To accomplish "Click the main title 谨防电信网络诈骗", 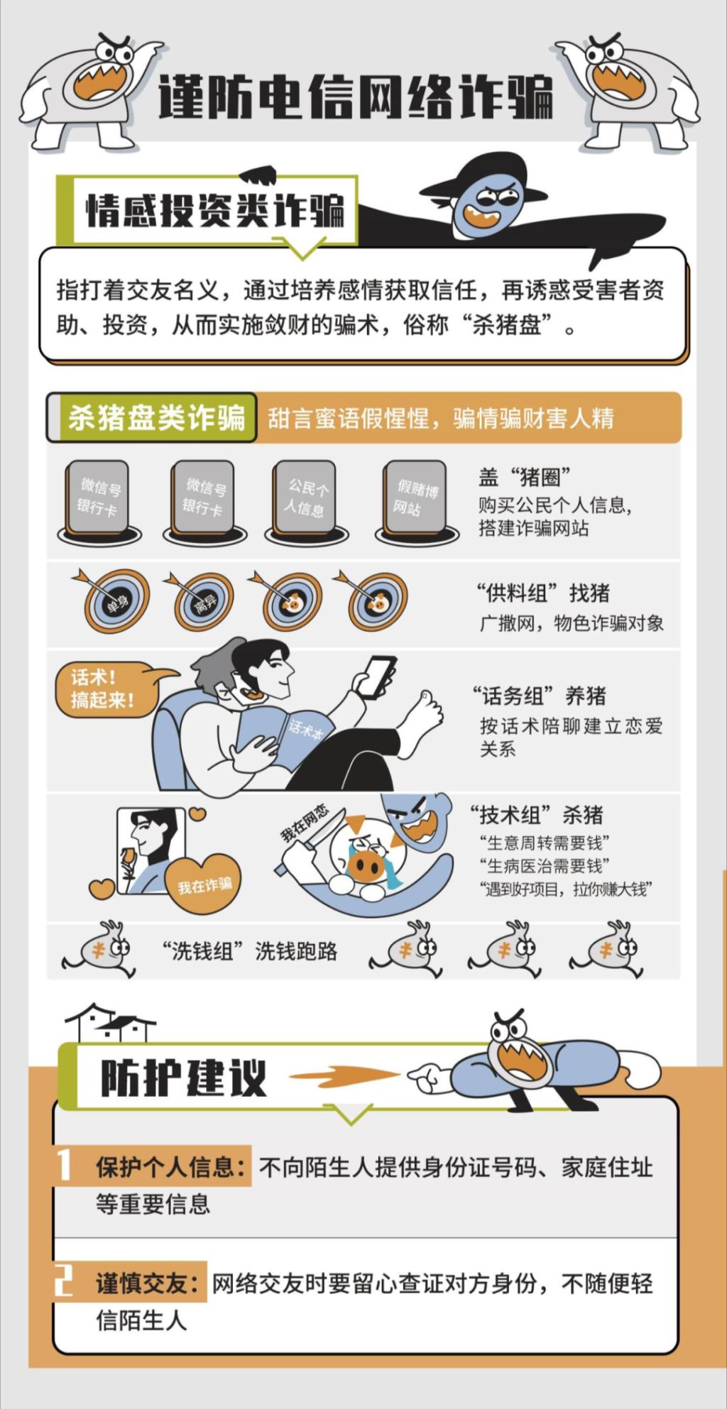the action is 355,97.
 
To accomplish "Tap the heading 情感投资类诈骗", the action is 215,210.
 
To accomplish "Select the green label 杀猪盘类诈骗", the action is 156,417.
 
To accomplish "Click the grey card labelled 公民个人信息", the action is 306,498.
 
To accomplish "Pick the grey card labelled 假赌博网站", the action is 416,498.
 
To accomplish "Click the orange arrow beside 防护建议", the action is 345,1075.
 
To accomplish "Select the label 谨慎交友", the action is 149,1283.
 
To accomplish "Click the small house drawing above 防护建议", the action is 111,1022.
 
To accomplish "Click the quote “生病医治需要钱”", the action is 545,865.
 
